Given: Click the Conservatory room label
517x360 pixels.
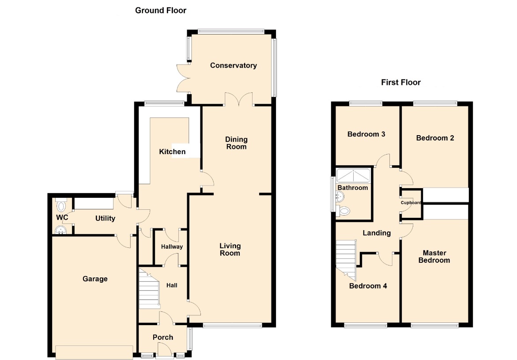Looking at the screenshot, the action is pyautogui.click(x=234, y=65).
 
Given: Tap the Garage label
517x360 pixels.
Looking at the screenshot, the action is pyautogui.click(x=95, y=279).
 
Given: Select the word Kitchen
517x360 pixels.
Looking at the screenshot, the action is pyautogui.click(x=172, y=152).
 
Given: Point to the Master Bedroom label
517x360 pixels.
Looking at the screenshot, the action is pyautogui.click(x=434, y=256).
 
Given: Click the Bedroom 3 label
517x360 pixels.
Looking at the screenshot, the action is pyautogui.click(x=366, y=134).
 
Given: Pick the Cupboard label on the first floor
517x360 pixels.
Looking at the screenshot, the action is pyautogui.click(x=411, y=203).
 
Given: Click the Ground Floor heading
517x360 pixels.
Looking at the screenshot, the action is pyautogui.click(x=161, y=10).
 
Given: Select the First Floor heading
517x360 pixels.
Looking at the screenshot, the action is pyautogui.click(x=401, y=82).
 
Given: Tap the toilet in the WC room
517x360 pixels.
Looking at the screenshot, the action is pyautogui.click(x=61, y=205).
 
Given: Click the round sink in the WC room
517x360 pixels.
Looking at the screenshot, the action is pyautogui.click(x=60, y=230).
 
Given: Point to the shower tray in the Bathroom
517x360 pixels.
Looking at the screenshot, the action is pyautogui.click(x=353, y=175).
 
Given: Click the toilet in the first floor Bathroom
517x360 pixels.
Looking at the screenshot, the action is pyautogui.click(x=343, y=211).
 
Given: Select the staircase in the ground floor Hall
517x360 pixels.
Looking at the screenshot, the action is pyautogui.click(x=149, y=288).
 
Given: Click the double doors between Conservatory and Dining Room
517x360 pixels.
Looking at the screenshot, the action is pyautogui.click(x=239, y=99).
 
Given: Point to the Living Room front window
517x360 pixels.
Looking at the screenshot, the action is pyautogui.click(x=233, y=326).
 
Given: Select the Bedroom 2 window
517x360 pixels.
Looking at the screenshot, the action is pyautogui.click(x=435, y=103).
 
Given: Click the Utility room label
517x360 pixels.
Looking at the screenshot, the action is pyautogui.click(x=105, y=218).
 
